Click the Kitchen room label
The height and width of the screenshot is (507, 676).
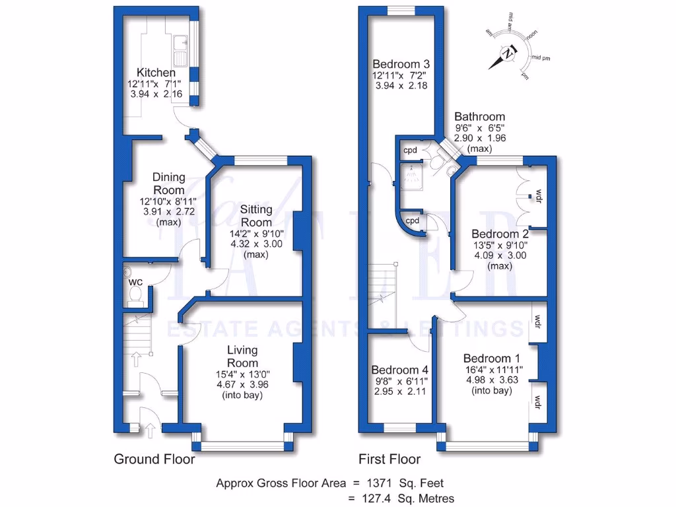pos(156,73)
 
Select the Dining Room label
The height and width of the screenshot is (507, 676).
pos(168,184)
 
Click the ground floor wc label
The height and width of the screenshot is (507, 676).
pos(135,282)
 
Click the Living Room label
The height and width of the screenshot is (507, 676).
pos(242,356)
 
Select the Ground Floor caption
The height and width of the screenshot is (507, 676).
pos(154,459)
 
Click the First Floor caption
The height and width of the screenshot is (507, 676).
pos(389,459)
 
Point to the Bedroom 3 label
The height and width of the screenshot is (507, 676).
pos(401,64)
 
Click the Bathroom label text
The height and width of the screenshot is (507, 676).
pos(480,117)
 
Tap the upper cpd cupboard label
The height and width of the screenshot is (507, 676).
pos(409,150)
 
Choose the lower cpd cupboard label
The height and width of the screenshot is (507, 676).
pos(413,220)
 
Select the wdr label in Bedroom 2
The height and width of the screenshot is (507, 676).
pos(539,195)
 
